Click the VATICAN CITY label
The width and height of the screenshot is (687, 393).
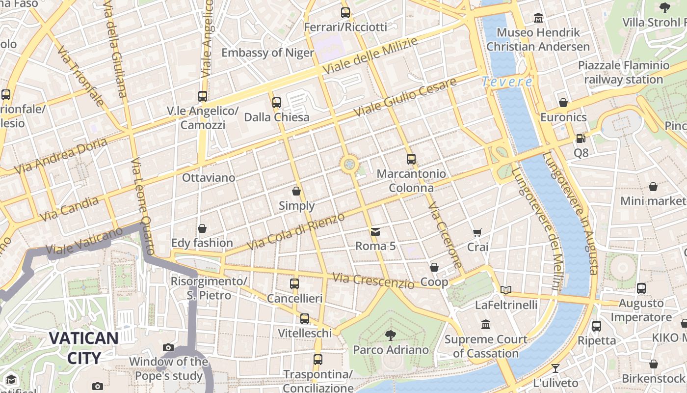click(83, 348)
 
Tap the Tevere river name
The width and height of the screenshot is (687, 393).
click(507, 82)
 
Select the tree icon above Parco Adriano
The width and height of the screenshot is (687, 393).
click(391, 336)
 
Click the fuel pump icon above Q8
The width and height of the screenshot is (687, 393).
click(581, 139)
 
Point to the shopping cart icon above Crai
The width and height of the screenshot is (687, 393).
click(477, 232)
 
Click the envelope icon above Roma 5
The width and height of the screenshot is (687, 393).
click(375, 231)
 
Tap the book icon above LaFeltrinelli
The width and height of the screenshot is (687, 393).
click(506, 290)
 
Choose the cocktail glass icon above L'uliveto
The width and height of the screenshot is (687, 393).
click(555, 368)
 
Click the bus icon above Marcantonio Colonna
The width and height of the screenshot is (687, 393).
click(411, 159)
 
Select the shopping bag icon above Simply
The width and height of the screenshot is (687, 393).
click(296, 191)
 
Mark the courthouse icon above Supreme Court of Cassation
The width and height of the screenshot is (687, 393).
click(486, 324)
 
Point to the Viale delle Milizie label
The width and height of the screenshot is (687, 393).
click(370, 55)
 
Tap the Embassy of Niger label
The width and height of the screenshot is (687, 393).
click(267, 53)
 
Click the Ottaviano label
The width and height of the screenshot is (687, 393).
click(209, 177)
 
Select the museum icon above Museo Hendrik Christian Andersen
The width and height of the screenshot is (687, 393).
click(538, 18)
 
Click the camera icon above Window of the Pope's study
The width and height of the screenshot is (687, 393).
click(168, 347)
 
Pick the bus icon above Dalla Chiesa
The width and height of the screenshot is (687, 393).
click(277, 103)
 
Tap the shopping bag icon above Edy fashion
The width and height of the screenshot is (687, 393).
click(202, 228)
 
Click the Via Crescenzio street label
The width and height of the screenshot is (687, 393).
click(373, 281)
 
